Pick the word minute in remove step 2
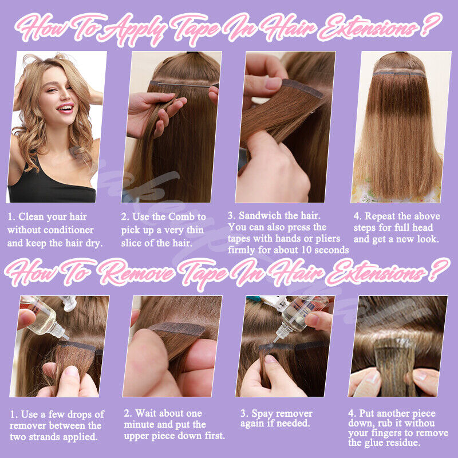141,425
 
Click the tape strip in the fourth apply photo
398,73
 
